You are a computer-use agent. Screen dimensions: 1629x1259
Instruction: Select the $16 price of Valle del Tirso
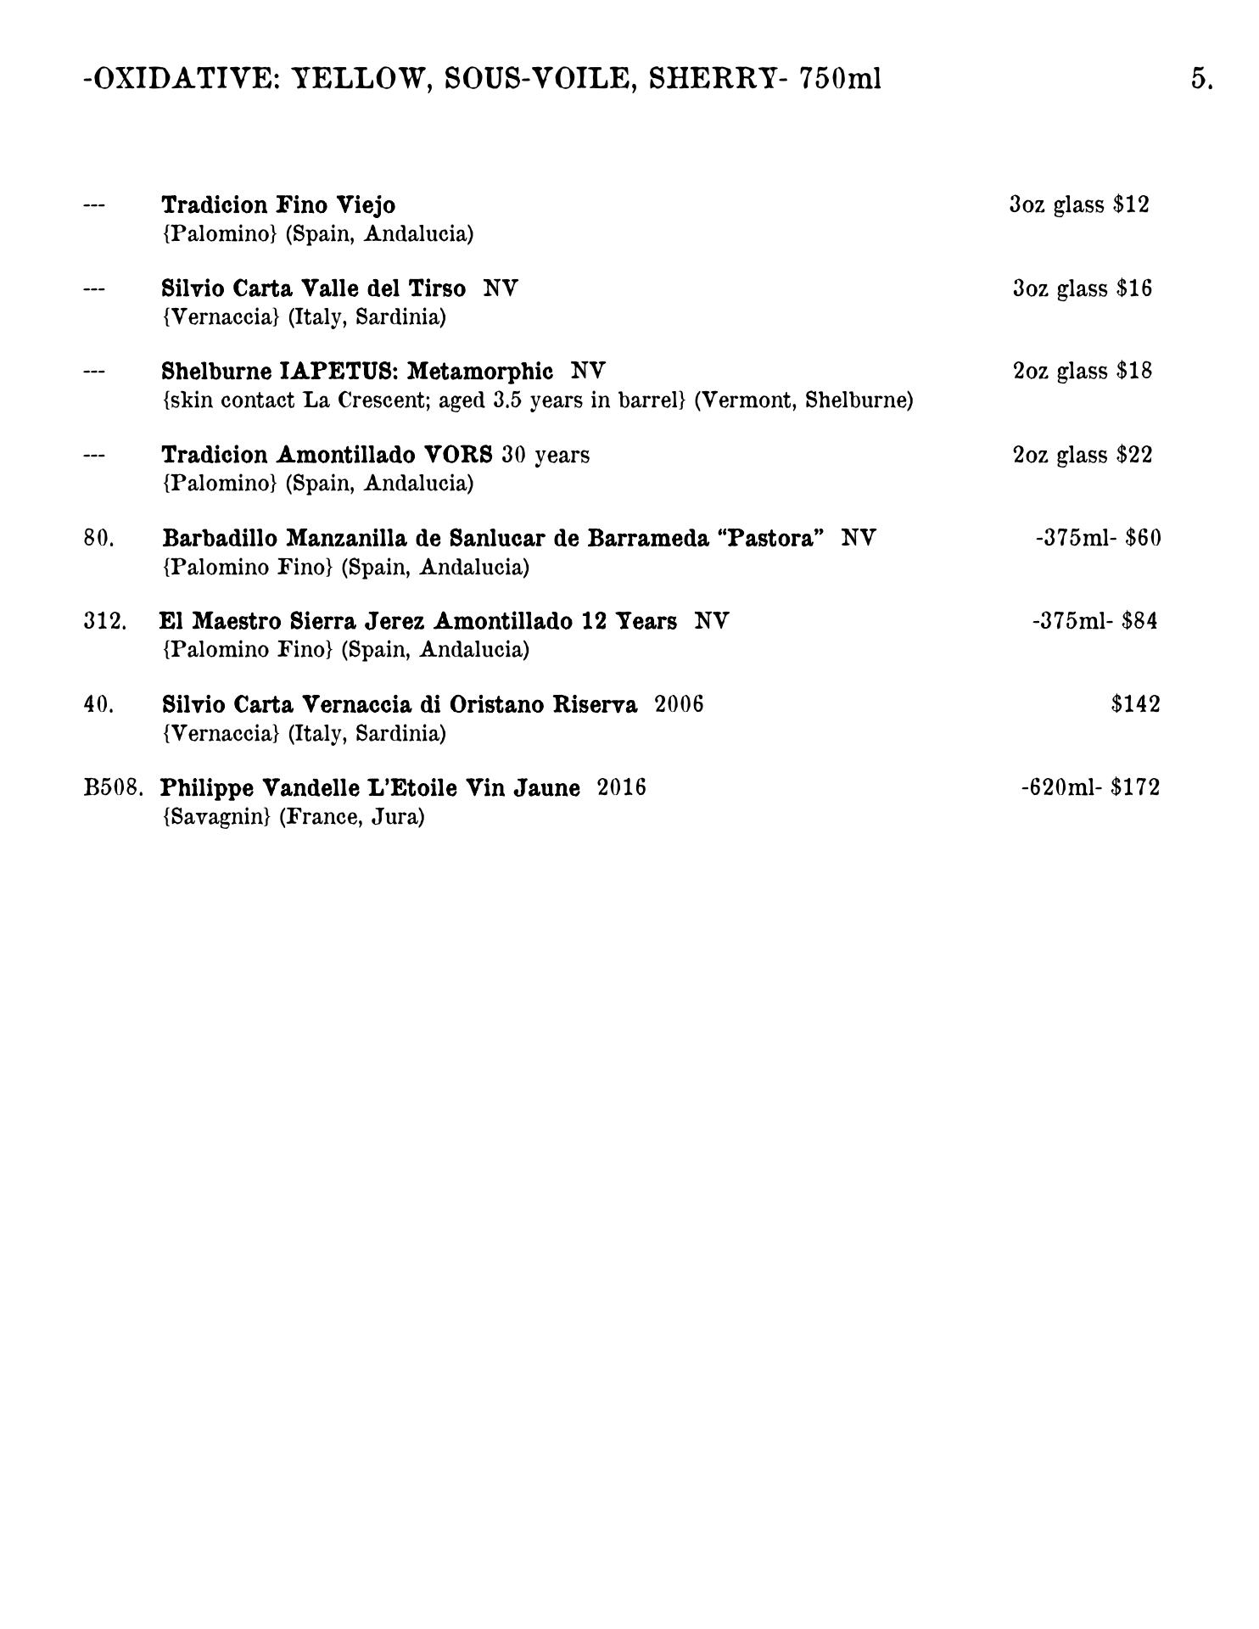click(x=1134, y=288)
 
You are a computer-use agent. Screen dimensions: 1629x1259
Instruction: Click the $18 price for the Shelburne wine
click(x=1134, y=371)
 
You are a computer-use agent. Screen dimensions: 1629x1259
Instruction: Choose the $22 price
click(x=1134, y=455)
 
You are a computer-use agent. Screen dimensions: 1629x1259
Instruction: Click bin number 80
click(x=99, y=538)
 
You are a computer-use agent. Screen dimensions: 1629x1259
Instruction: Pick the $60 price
click(x=1143, y=538)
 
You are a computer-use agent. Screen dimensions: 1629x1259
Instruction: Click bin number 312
click(x=105, y=621)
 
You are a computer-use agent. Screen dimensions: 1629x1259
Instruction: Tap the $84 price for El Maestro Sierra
click(x=1139, y=621)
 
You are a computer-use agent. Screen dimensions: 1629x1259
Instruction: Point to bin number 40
click(x=99, y=704)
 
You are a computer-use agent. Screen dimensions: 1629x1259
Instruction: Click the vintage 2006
click(x=679, y=704)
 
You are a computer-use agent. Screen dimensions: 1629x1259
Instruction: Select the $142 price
click(x=1135, y=704)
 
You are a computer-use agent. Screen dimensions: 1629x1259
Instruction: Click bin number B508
click(x=113, y=788)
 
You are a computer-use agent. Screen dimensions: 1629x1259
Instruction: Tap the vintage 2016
click(x=621, y=788)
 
